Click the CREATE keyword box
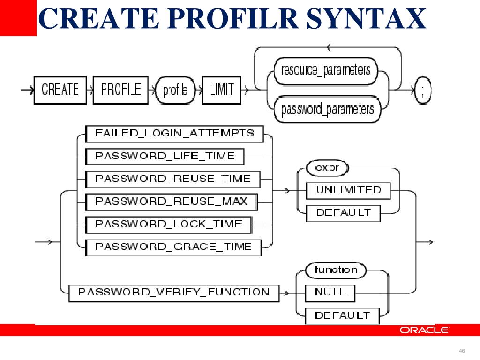click(x=60, y=90)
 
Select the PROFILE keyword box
click(x=121, y=90)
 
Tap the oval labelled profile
click(x=175, y=90)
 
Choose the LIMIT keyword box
click(x=222, y=90)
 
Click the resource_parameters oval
click(x=326, y=70)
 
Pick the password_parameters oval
click(x=327, y=109)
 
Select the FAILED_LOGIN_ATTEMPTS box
click(x=174, y=133)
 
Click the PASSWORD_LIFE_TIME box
click(x=165, y=156)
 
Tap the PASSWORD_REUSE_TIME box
click(x=173, y=179)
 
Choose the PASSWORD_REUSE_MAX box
click(x=172, y=202)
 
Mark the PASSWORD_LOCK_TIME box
click(x=169, y=224)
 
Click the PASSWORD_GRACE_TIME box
click(x=173, y=247)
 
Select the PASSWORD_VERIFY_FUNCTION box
click(x=174, y=292)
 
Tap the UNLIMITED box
click(x=348, y=190)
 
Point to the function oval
click(x=336, y=270)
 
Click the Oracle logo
click(x=424, y=330)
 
